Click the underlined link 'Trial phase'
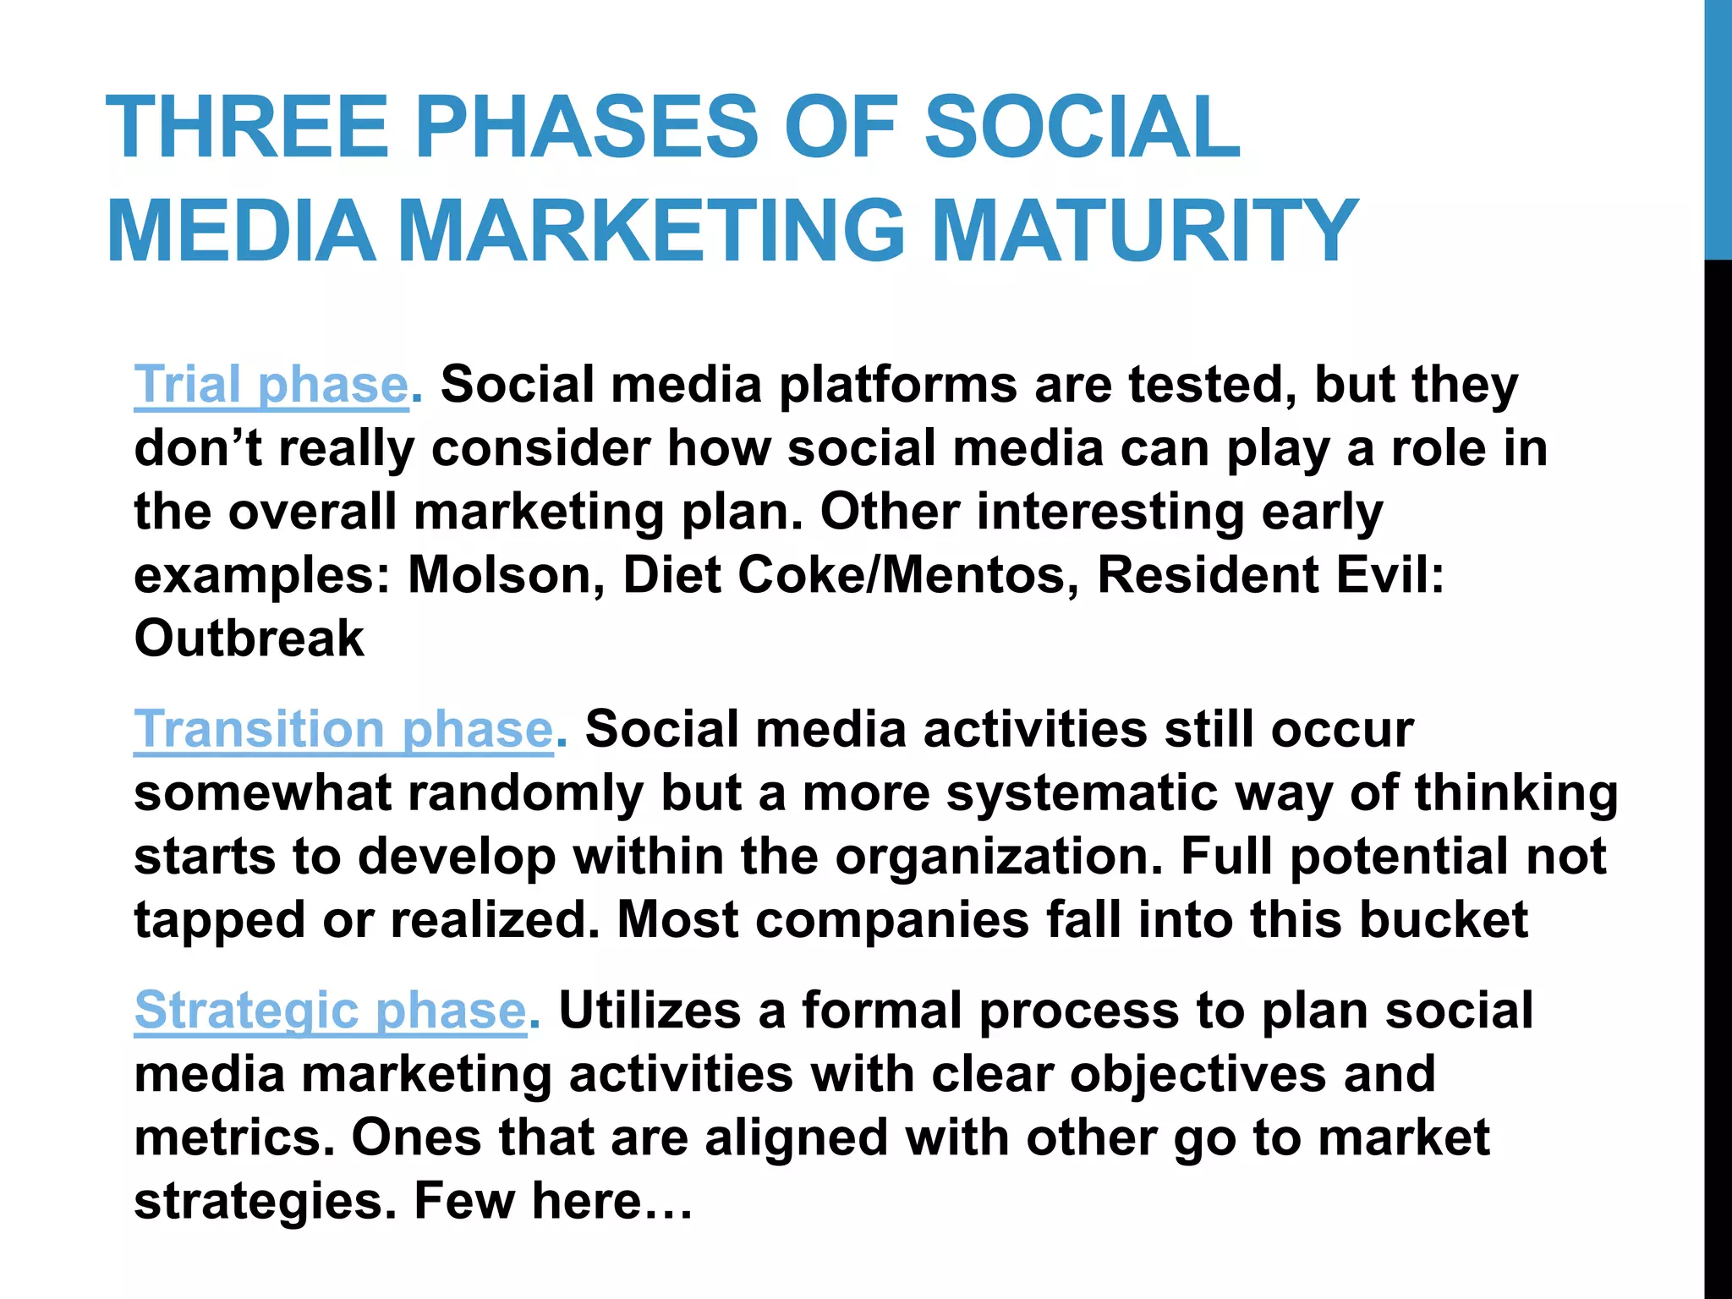coord(271,386)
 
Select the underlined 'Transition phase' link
coord(343,730)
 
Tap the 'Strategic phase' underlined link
coord(330,1011)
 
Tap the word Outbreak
coord(249,639)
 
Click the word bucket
coord(1443,920)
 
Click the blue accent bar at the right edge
coord(1718,127)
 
